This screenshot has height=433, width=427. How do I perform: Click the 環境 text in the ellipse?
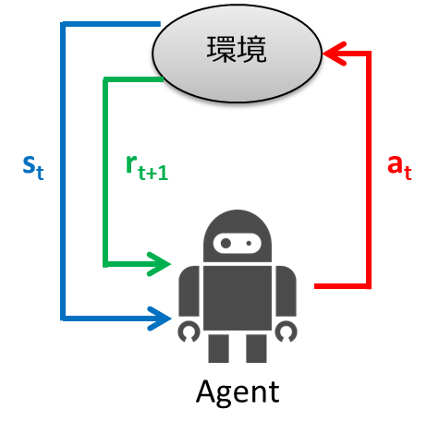(236, 50)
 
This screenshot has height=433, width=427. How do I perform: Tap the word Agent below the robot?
(237, 392)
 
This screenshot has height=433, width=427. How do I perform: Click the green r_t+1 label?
(145, 169)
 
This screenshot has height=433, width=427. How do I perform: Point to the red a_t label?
(397, 167)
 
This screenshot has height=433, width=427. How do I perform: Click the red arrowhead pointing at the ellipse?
(337, 56)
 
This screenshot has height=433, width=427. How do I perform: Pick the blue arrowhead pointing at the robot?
(162, 319)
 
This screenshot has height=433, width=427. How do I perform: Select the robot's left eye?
(224, 243)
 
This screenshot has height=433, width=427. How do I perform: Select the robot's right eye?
(250, 243)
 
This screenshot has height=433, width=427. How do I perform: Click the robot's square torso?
(237, 295)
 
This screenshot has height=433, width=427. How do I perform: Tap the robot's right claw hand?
(287, 330)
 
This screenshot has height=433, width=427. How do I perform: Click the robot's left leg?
(219, 347)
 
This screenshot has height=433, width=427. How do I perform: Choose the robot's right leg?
(255, 347)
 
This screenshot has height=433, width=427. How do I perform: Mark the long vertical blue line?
(63, 175)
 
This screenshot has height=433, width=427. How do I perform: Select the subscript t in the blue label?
(40, 173)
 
